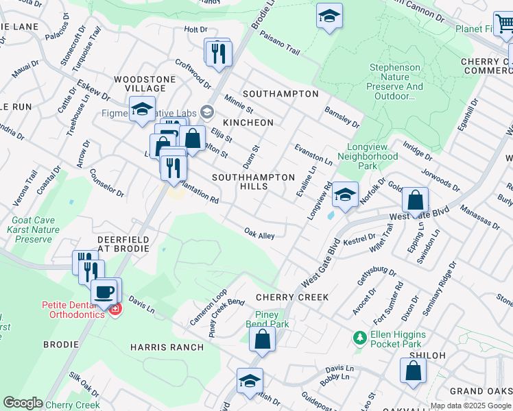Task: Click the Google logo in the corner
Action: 23,403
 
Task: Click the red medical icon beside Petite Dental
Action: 115,310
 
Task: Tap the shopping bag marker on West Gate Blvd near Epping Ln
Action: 415,201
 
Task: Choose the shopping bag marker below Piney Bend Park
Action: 262,338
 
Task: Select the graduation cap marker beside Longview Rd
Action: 345,196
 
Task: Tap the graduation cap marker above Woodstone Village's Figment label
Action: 142,110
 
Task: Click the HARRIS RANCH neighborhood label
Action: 167,347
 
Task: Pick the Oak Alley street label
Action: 259,235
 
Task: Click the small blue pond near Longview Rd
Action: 332,215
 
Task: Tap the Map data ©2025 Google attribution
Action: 470,406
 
